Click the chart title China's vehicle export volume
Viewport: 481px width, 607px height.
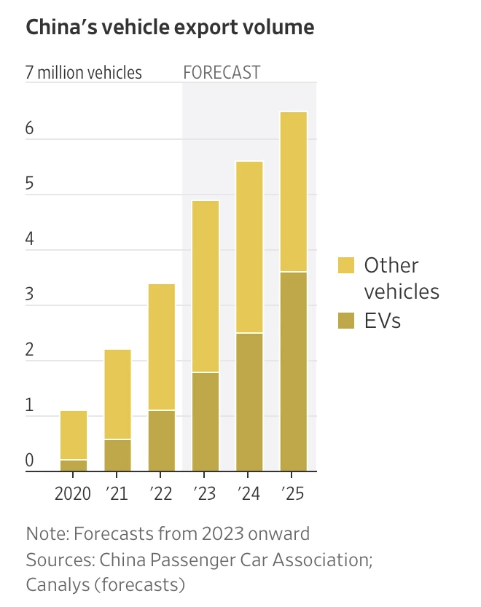[x=170, y=28]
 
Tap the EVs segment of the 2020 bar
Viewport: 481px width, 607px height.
[x=74, y=466]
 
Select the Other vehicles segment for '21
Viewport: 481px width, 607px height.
[x=117, y=394]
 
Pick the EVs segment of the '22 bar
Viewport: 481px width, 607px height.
[x=161, y=441]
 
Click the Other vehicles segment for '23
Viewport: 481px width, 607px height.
[x=206, y=286]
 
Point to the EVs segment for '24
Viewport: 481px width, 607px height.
[x=249, y=402]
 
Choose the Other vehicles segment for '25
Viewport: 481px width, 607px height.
[x=294, y=192]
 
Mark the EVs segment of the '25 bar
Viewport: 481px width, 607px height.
[x=294, y=372]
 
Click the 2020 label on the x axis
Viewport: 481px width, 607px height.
[x=73, y=493]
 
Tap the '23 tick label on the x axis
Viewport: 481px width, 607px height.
[x=205, y=493]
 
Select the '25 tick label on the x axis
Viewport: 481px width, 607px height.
[x=293, y=493]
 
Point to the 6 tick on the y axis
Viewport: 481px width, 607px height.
[x=30, y=128]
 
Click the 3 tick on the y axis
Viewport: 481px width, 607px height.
[x=30, y=294]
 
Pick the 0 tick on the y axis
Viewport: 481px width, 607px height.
[x=30, y=461]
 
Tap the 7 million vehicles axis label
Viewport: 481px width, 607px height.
[x=84, y=73]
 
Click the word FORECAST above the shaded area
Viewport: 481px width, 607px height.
[x=222, y=73]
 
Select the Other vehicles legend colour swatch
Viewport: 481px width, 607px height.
[x=346, y=265]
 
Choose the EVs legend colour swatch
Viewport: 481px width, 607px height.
[x=346, y=320]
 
